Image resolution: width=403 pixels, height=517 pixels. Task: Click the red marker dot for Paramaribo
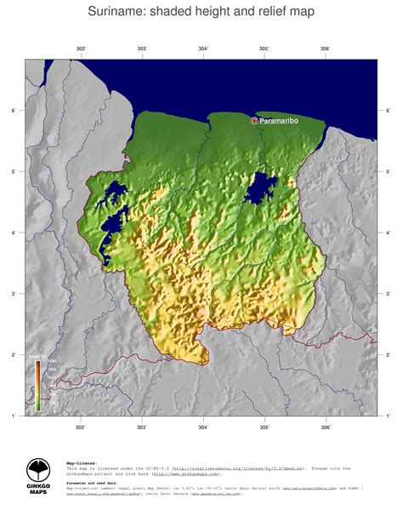254,121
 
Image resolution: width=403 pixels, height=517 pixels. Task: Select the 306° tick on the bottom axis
326,428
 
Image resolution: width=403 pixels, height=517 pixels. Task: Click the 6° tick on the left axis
14,111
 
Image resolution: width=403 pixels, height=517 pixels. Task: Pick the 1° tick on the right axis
389,416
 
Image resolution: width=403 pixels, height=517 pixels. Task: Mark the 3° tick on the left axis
14,294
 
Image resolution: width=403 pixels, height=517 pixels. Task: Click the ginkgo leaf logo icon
39,470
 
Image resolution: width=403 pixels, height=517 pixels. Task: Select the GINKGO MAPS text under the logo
39,491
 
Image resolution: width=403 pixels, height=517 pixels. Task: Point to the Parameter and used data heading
93,482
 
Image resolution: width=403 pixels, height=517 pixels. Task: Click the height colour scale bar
37,385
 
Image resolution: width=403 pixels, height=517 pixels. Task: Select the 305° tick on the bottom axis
264,428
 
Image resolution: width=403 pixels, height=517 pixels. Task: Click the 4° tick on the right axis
389,233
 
